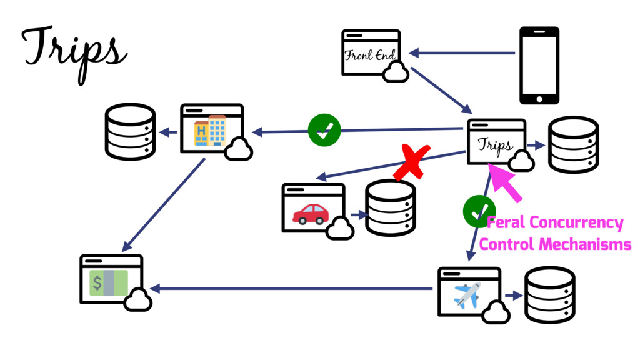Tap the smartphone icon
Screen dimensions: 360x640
539,65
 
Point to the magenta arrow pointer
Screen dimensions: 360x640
507,182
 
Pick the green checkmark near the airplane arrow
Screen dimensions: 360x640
479,211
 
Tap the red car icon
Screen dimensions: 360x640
311,214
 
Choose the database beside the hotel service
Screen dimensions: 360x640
130,132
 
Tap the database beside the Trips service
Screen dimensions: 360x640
573,144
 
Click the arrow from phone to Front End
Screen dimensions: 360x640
462,53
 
